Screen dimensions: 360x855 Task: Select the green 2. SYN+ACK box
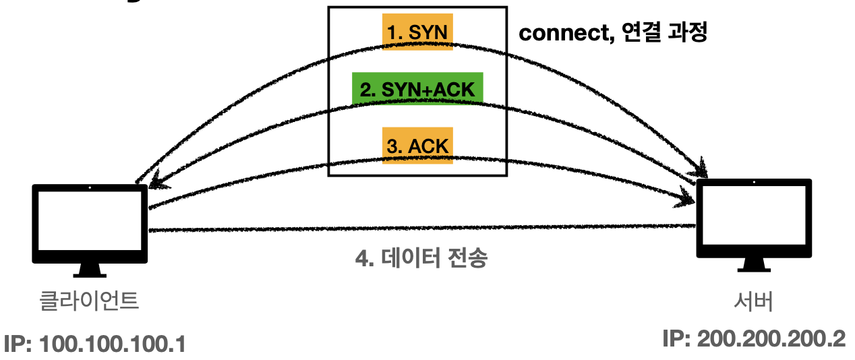click(417, 89)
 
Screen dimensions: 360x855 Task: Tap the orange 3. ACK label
click(416, 145)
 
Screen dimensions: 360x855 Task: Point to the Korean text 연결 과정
click(664, 33)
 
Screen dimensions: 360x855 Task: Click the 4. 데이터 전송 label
click(421, 258)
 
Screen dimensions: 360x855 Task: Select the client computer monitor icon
click(90, 226)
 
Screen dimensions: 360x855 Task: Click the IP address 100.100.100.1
click(94, 344)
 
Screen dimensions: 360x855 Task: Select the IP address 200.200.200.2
click(754, 338)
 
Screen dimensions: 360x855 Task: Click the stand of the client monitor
click(90, 270)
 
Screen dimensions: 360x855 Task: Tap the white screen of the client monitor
click(90, 219)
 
